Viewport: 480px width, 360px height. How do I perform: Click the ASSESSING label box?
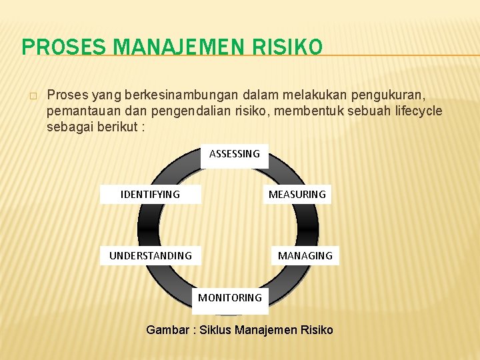tap(235, 155)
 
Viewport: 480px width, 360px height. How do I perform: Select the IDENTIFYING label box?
tap(150, 195)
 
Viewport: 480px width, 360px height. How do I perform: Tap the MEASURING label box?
tap(297, 195)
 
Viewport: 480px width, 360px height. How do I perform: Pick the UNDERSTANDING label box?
tap(151, 255)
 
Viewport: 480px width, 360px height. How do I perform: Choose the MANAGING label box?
tap(305, 255)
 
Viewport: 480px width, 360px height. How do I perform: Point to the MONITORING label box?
tap(230, 298)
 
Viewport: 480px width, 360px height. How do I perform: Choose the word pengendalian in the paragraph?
tap(181, 111)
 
